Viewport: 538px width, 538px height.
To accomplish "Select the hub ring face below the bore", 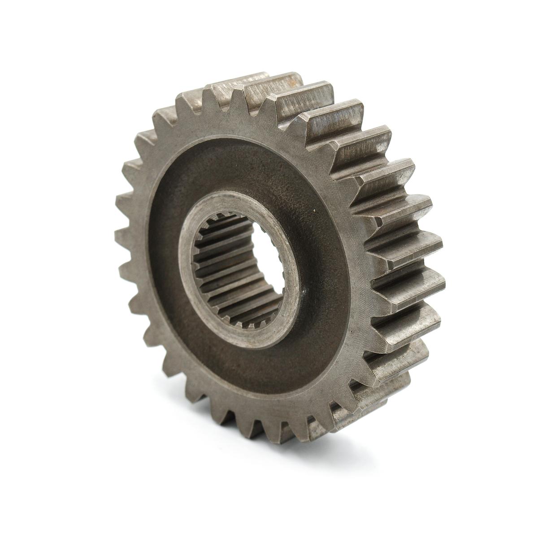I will [x=251, y=334].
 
